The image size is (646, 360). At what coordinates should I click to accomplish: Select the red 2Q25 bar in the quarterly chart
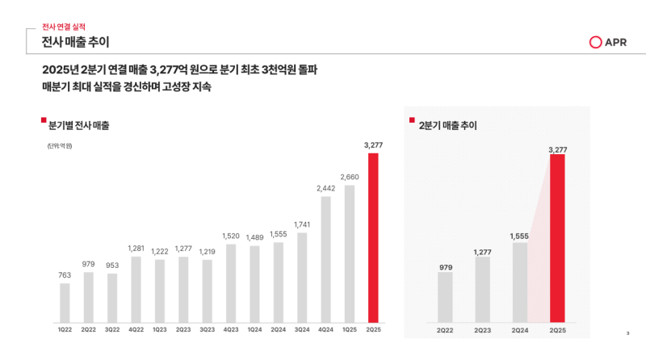pos(372,236)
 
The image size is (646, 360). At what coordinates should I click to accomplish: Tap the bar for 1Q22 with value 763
pos(65,301)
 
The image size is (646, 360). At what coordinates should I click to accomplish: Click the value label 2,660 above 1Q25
pos(350,177)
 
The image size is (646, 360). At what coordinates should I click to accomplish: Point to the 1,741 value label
pos(302,224)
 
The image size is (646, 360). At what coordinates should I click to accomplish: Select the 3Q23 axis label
pos(207,329)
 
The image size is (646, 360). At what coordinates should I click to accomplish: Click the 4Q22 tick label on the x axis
pos(136,329)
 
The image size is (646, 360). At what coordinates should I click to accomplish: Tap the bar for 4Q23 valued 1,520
pos(231,282)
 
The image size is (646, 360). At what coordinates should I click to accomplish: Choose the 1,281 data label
pos(136,248)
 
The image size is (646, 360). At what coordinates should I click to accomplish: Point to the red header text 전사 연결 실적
pos(63,27)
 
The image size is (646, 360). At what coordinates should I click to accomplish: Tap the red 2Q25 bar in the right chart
pos(557,237)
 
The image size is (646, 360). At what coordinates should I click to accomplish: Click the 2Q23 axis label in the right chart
pos(483,329)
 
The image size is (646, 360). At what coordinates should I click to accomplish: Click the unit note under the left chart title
pos(59,145)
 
